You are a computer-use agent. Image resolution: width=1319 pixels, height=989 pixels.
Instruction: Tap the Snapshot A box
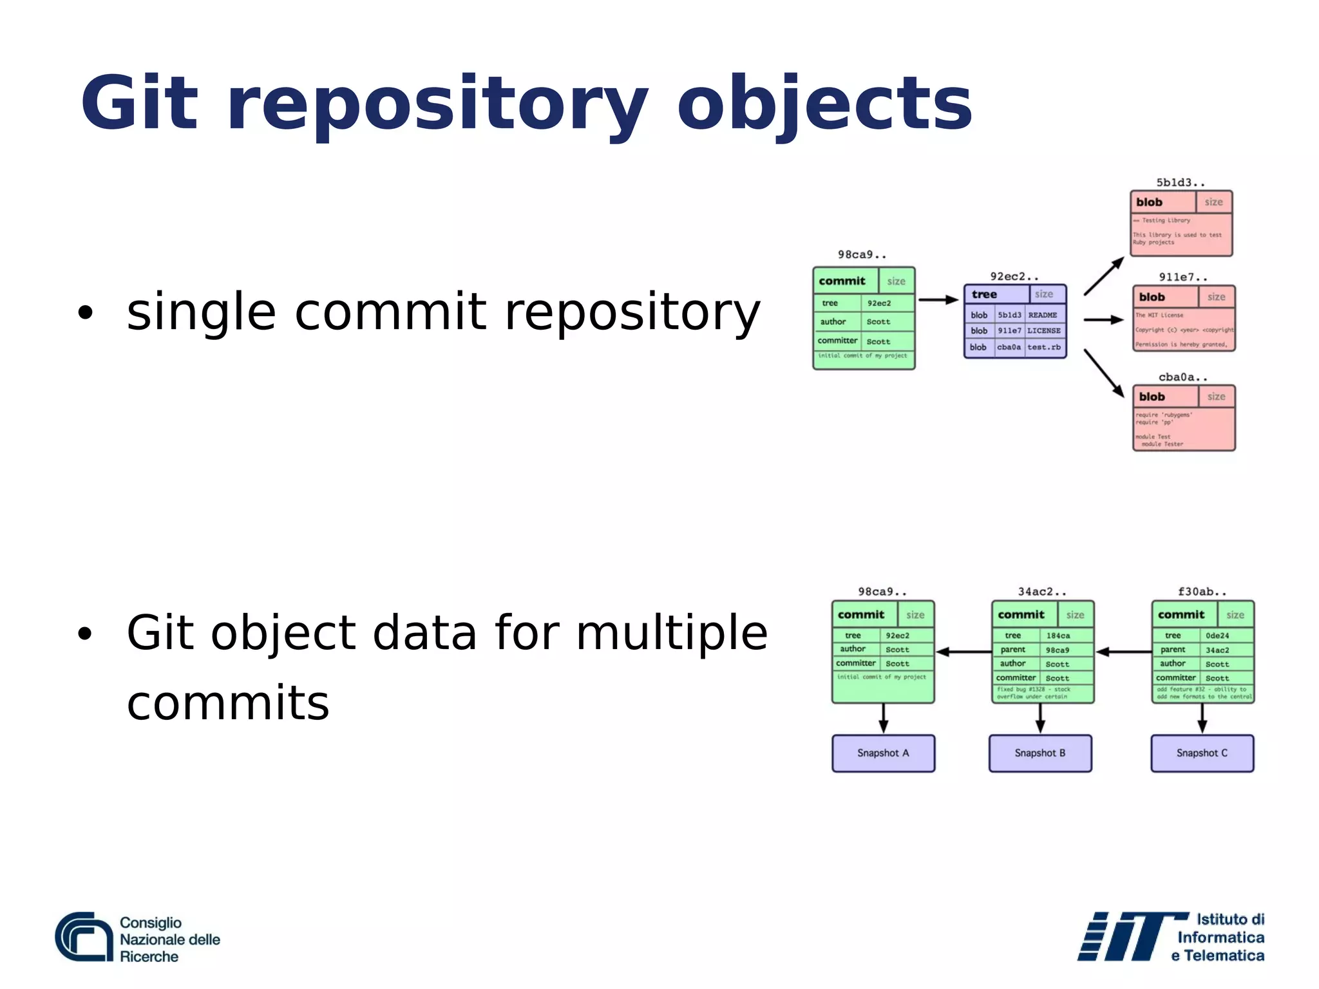883,753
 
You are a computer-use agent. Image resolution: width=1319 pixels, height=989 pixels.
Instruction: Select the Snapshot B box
1040,753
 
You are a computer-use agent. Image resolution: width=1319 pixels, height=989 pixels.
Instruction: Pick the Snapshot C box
1202,753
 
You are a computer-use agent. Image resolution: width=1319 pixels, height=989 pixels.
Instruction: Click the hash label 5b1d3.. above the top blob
1180,182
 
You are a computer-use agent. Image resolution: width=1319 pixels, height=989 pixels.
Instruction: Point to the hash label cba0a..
1182,377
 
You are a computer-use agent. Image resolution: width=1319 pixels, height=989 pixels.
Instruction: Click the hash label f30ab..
1202,591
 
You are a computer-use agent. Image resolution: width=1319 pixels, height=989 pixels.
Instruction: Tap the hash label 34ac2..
1041,591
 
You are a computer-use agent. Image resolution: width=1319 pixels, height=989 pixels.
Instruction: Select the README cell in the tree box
1043,315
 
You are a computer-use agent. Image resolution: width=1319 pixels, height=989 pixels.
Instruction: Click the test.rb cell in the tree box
1043,347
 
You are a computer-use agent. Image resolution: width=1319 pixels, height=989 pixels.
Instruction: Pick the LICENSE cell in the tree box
1043,330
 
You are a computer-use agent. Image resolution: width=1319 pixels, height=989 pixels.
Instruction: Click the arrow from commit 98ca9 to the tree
938,299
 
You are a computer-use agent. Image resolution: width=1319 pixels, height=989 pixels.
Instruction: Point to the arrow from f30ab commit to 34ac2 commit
1123,652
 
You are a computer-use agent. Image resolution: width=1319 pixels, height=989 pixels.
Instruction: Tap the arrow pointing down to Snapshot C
1202,718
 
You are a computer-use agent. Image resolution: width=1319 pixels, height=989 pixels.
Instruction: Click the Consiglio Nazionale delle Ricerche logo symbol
84,937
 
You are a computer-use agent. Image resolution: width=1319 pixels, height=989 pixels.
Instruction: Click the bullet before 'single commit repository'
85,313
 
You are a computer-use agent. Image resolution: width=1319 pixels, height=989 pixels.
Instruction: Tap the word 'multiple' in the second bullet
672,633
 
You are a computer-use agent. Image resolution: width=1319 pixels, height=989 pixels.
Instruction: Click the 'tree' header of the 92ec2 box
984,294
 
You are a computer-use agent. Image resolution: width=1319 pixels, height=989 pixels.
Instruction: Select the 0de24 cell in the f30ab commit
1217,636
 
